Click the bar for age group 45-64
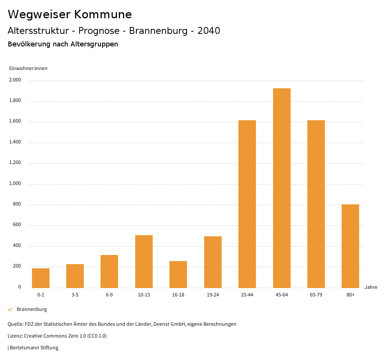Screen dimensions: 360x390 (281, 188)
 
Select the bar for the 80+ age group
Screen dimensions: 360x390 (350, 246)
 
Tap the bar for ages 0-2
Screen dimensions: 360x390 (41, 278)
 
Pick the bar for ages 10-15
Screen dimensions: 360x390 (144, 261)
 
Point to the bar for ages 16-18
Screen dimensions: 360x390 (178, 274)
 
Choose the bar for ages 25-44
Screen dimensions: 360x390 (247, 204)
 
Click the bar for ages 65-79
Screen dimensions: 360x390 (316, 204)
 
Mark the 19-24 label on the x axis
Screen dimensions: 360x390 (213, 295)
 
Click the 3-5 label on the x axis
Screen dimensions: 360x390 (75, 295)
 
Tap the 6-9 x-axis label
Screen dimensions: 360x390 (109, 295)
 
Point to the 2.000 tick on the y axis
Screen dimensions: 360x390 (15, 80)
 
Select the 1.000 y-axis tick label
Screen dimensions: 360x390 (15, 184)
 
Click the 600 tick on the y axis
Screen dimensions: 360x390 (17, 225)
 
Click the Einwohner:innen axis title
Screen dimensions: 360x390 (28, 68)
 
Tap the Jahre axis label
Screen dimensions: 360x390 (371, 287)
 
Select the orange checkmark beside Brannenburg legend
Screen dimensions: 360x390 (10, 309)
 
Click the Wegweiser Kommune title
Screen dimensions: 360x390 (70, 14)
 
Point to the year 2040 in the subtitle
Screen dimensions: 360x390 (209, 31)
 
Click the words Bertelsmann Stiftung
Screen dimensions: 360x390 (34, 347)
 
